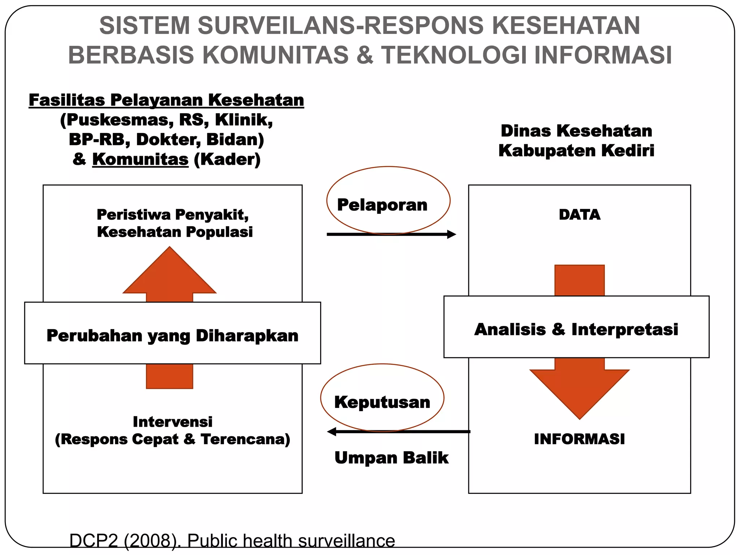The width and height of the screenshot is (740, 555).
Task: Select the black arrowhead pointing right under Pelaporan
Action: click(x=451, y=234)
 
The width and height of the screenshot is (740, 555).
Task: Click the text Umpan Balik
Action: click(x=391, y=458)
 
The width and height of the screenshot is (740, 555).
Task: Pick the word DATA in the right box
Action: click(x=579, y=215)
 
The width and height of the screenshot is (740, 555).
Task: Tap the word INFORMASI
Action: click(x=579, y=439)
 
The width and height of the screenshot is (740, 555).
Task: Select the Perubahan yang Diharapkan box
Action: click(x=172, y=335)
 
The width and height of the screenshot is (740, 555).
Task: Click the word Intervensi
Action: click(x=172, y=422)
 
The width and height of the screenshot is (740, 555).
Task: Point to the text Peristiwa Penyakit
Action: click(x=172, y=215)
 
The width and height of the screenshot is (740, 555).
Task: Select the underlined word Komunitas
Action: click(x=140, y=159)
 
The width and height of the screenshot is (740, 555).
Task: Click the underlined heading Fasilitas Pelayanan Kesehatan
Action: click(x=166, y=100)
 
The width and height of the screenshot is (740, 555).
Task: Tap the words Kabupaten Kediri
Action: click(x=576, y=151)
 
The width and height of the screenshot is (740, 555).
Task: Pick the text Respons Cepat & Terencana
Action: click(x=172, y=439)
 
